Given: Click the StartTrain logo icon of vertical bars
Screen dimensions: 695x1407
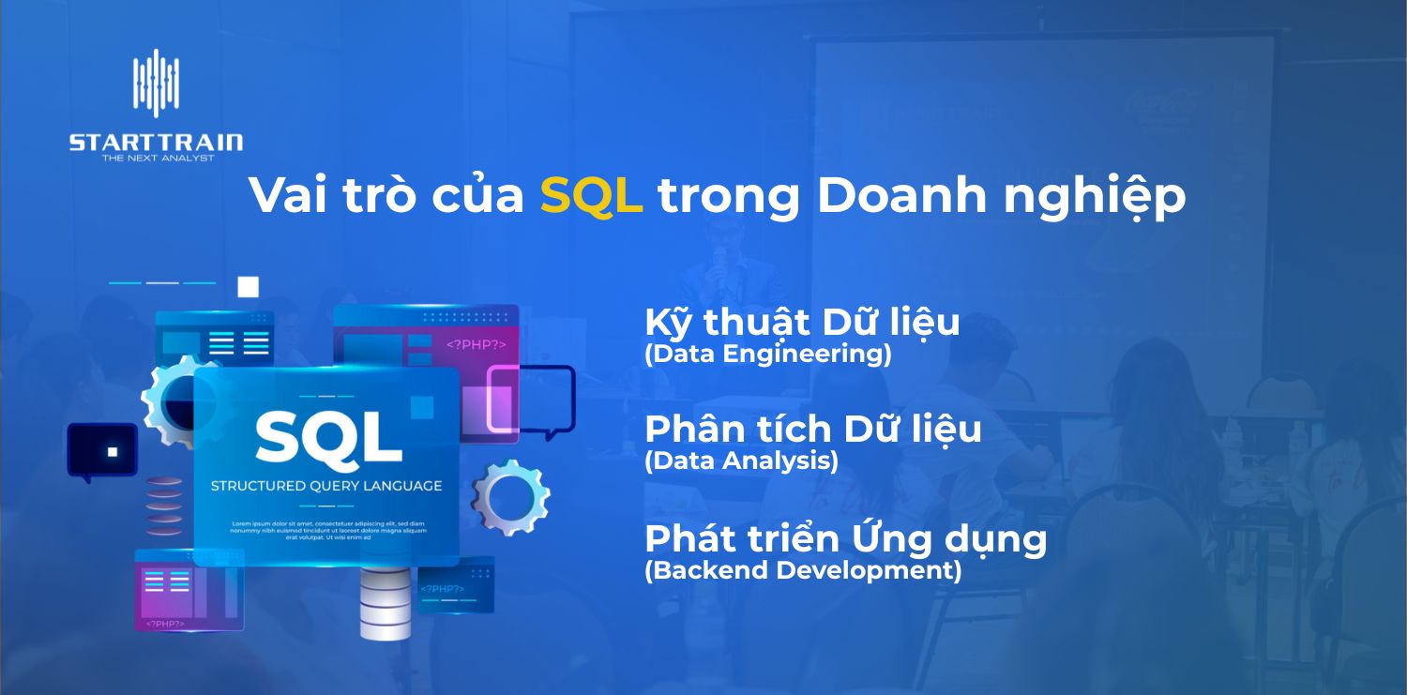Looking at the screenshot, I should click(155, 83).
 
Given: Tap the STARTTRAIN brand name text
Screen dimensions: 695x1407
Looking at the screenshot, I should click(155, 143).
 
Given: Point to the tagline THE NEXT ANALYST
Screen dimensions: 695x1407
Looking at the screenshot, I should click(158, 158).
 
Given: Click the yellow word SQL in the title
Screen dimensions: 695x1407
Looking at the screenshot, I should click(591, 195).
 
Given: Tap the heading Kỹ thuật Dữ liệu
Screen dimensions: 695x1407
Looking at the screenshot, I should click(802, 322).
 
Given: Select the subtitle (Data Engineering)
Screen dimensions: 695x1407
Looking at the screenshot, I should click(767, 355).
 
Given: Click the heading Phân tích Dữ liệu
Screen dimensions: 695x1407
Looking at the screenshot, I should click(812, 429).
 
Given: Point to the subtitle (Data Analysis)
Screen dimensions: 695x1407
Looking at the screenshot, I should click(741, 461).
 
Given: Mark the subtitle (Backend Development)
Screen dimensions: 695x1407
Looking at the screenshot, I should click(803, 570).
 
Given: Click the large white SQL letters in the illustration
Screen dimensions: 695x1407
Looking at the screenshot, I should click(327, 437).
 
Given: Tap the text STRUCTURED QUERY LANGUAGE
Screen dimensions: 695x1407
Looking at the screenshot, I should click(325, 486).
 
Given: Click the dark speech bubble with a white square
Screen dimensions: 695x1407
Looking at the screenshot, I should click(102, 451).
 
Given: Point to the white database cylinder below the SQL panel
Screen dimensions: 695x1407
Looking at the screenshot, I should click(386, 601).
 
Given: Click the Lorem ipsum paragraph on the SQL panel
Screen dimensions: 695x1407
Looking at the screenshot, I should click(325, 530).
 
